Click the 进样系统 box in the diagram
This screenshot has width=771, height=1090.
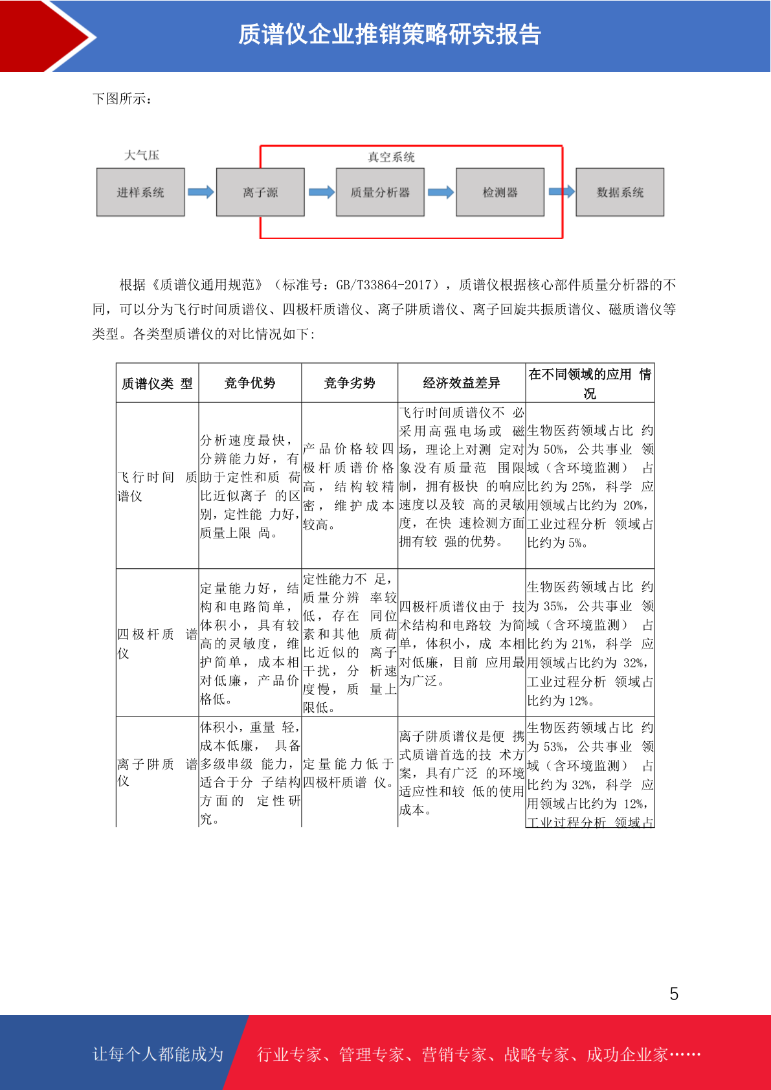click(140, 192)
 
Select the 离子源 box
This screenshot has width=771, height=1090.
click(260, 192)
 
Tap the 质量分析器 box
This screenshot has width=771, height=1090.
click(380, 192)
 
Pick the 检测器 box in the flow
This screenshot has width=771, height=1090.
click(500, 192)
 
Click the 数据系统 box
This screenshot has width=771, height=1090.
click(620, 192)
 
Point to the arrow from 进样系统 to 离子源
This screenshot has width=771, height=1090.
click(201, 192)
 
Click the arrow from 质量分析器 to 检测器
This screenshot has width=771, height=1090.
click(441, 192)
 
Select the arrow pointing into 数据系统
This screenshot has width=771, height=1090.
click(561, 191)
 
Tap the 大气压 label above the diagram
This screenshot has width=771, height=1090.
click(142, 155)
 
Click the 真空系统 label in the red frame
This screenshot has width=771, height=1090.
click(391, 157)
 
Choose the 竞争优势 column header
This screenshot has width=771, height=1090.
click(250, 383)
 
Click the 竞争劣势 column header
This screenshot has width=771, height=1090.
click(350, 383)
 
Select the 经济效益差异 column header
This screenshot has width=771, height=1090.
click(462, 383)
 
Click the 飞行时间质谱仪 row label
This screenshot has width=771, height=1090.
click(157, 486)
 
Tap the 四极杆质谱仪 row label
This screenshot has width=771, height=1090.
click(157, 643)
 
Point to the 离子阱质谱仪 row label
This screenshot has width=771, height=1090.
click(157, 772)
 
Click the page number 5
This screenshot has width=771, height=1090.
click(674, 994)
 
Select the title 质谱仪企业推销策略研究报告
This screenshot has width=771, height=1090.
click(390, 35)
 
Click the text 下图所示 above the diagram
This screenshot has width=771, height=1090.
click(122, 99)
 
